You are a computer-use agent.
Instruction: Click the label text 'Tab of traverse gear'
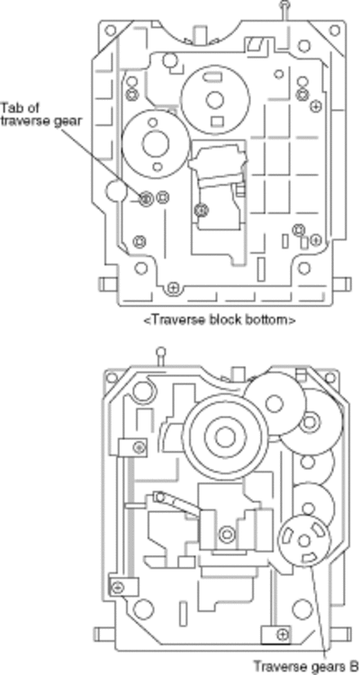pyautogui.click(x=40, y=113)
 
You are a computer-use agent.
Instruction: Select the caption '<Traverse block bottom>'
pyautogui.click(x=220, y=319)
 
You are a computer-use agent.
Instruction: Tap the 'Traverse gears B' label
pyautogui.click(x=305, y=665)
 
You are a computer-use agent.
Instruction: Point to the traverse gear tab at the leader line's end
pyautogui.click(x=147, y=199)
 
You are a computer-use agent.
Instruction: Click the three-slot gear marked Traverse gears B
pyautogui.click(x=304, y=540)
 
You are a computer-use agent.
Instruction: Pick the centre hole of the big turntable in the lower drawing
pyautogui.click(x=224, y=437)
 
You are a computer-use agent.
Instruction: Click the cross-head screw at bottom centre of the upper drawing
pyautogui.click(x=173, y=287)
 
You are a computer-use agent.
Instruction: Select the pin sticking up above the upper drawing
pyautogui.click(x=284, y=10)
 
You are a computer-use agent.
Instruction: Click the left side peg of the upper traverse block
pyautogui.click(x=109, y=283)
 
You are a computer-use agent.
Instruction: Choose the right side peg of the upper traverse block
pyautogui.click(x=343, y=283)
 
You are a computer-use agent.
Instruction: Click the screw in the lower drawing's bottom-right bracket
pyautogui.click(x=283, y=634)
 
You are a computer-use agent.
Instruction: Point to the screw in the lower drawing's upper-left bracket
pyautogui.click(x=139, y=446)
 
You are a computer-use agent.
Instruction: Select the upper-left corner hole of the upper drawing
pyautogui.click(x=111, y=30)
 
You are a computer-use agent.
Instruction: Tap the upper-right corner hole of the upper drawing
pyautogui.click(x=335, y=30)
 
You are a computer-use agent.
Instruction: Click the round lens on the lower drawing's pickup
pyautogui.click(x=227, y=535)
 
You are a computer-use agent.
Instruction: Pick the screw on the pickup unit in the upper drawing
pyautogui.click(x=201, y=211)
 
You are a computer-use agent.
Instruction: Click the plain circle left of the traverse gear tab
pyautogui.click(x=116, y=191)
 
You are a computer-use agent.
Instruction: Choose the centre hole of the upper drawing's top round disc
pyautogui.click(x=215, y=100)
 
